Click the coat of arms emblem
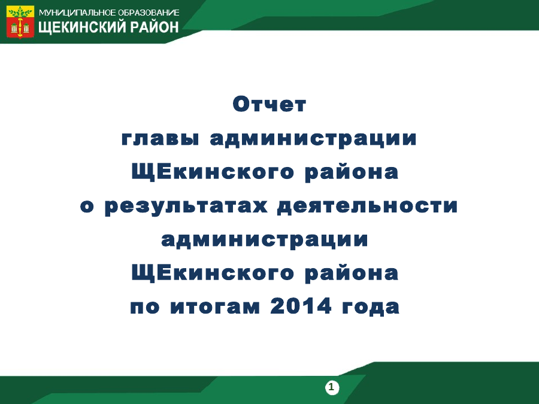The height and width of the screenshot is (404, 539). click(20, 22)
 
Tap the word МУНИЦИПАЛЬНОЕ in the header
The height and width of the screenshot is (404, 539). click(77, 13)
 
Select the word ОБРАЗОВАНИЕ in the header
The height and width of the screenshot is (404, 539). click(149, 13)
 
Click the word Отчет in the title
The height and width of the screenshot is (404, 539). click(269, 104)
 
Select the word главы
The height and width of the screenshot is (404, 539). click(160, 138)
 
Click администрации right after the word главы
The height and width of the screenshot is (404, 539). click(313, 139)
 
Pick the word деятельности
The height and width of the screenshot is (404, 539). click(368, 206)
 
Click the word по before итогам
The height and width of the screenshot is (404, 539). click(145, 306)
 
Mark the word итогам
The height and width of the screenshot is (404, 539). click(215, 306)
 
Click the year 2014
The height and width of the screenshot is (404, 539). click(301, 306)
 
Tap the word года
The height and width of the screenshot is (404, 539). click(370, 307)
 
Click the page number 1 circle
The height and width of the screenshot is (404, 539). click(332, 387)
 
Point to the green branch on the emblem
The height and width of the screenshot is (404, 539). click(20, 13)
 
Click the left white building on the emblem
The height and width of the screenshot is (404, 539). click(14, 28)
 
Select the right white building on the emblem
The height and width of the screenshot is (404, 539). click(26, 28)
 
